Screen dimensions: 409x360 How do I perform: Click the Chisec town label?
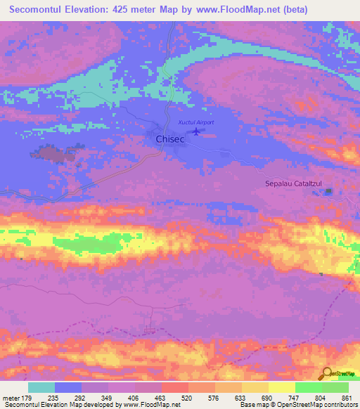[169, 139]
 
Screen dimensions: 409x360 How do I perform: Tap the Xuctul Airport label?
[195, 122]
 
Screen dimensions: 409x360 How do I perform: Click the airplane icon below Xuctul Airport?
[195, 132]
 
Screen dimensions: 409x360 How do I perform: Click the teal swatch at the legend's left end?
[41, 387]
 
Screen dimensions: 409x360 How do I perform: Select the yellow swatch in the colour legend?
[281, 387]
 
